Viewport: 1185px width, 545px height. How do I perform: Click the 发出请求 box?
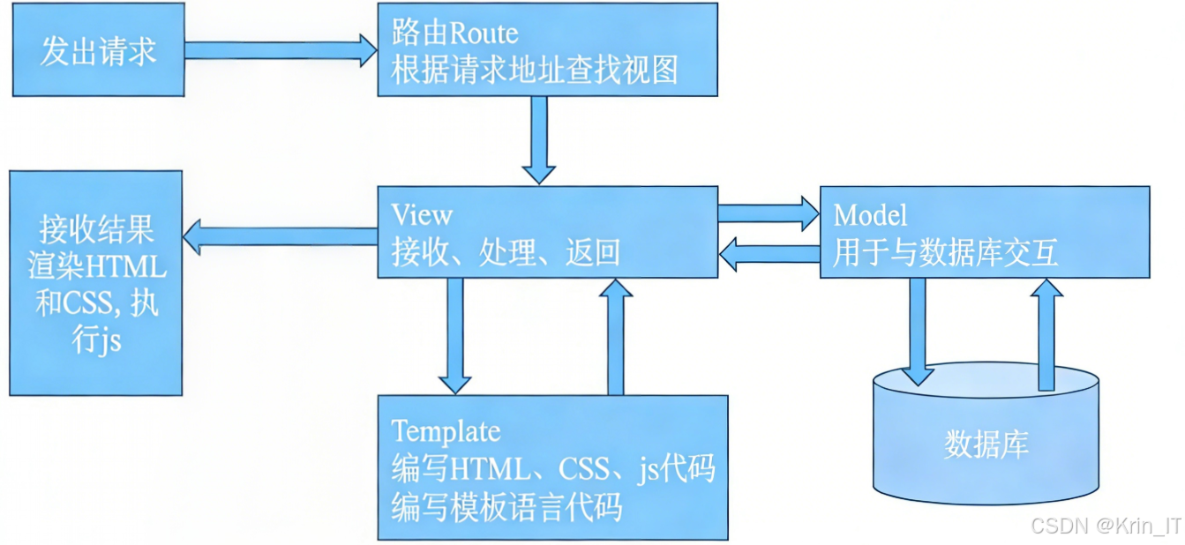pyautogui.click(x=98, y=51)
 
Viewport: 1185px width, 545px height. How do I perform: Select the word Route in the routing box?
pyautogui.click(x=484, y=34)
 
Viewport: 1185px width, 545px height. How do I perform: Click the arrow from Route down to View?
pyautogui.click(x=538, y=138)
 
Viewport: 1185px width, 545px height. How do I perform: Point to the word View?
pyautogui.click(x=422, y=214)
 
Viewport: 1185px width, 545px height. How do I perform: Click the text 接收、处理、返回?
pyautogui.click(x=506, y=253)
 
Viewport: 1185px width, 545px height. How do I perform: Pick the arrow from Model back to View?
pyautogui.click(x=769, y=255)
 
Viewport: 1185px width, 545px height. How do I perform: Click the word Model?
pyautogui.click(x=870, y=214)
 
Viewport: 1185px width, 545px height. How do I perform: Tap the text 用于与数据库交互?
pyautogui.click(x=945, y=253)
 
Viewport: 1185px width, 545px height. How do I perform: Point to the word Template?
pyautogui.click(x=446, y=431)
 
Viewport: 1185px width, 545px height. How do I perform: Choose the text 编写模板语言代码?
pyautogui.click(x=506, y=507)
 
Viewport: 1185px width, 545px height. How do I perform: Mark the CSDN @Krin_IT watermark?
pyautogui.click(x=1106, y=526)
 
